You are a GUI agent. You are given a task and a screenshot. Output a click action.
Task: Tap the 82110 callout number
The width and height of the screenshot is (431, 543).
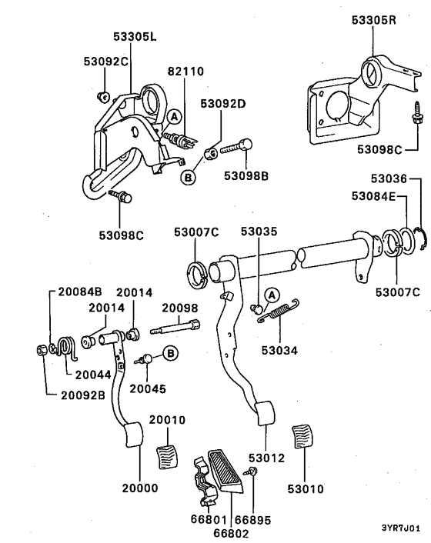(185, 71)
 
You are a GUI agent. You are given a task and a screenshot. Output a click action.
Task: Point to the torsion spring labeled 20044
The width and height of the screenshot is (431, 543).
(67, 348)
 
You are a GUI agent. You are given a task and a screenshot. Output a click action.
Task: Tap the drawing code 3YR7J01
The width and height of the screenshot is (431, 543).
(401, 529)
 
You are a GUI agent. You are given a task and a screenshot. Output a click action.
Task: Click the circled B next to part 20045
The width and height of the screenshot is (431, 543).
(170, 354)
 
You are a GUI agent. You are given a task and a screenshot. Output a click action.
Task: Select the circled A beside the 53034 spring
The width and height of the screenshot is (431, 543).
(271, 294)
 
